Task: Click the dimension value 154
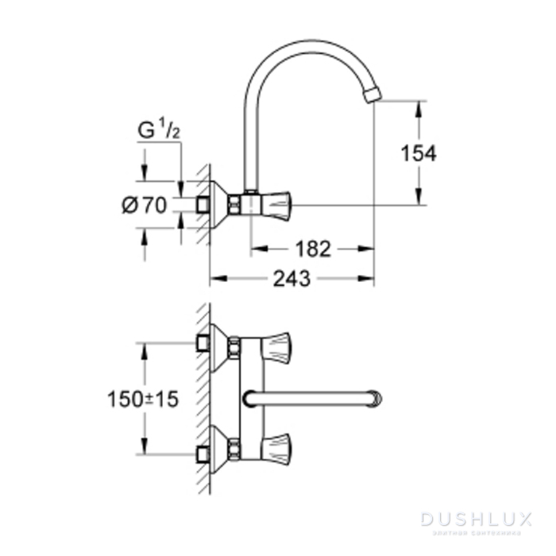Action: click(x=418, y=153)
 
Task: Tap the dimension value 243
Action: click(x=291, y=279)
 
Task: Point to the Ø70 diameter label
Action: click(x=145, y=205)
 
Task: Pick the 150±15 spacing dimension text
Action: click(x=143, y=399)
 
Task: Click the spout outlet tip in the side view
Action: click(x=372, y=96)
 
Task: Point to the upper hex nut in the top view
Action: click(x=234, y=346)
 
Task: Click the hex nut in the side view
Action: click(x=234, y=205)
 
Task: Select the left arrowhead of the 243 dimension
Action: click(x=215, y=279)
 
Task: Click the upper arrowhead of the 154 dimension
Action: click(x=418, y=106)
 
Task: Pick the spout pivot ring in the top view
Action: click(x=251, y=398)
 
